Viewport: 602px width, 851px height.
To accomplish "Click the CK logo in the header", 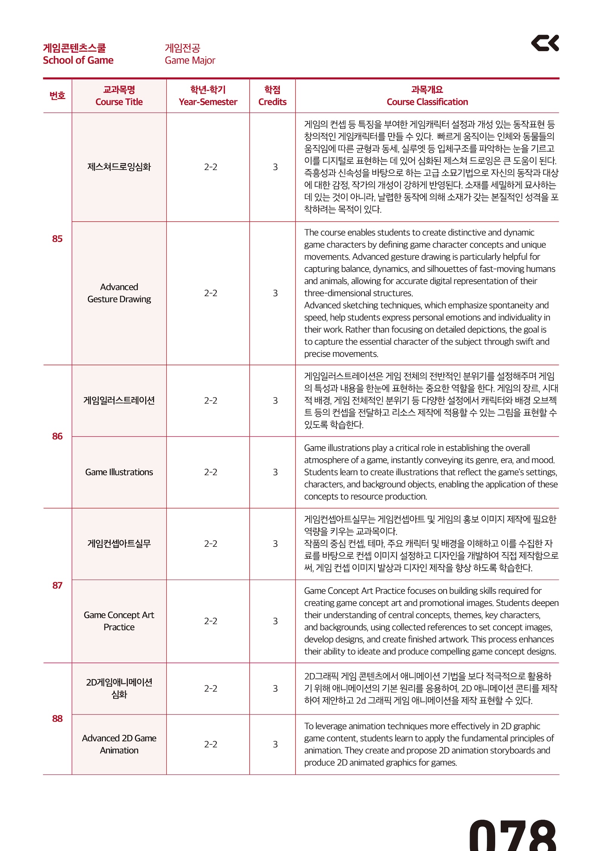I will [x=544, y=43].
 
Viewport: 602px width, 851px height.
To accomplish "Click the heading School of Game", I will [x=78, y=60].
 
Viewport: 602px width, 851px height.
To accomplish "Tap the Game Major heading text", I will [x=190, y=60].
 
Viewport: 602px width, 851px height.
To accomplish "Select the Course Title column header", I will [x=119, y=102].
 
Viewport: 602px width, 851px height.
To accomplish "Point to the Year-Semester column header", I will [x=208, y=102].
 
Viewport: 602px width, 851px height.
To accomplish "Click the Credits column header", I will [x=272, y=102].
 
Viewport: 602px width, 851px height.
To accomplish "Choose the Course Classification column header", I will [x=427, y=102].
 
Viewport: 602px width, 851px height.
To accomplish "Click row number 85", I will [x=57, y=239].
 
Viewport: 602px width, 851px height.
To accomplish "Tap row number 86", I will [x=57, y=436].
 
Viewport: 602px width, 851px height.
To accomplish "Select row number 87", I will [x=57, y=585].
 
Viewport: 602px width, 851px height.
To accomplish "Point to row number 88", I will [x=57, y=718].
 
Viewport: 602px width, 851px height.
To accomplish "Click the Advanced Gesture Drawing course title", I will [x=119, y=293].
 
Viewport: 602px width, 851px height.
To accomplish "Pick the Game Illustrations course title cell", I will [x=119, y=472].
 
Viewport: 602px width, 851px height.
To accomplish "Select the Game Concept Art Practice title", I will [x=119, y=621].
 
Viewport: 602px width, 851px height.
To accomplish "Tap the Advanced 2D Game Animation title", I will [x=119, y=744].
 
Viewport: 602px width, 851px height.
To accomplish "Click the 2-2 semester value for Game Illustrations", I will [x=211, y=472].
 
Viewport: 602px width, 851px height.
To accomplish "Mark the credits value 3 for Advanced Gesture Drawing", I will [x=275, y=293].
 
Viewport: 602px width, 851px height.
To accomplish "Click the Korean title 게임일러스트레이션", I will [x=119, y=400].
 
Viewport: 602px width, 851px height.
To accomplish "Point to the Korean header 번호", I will [x=57, y=96].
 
